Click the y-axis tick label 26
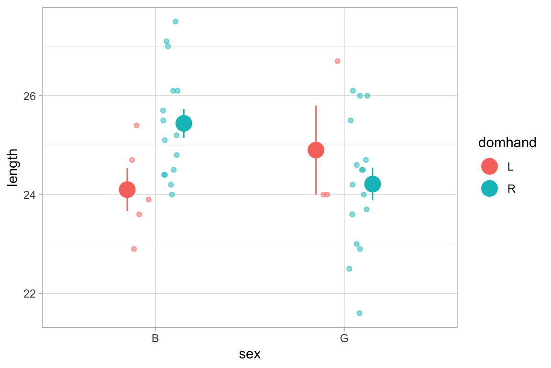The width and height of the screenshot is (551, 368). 30,96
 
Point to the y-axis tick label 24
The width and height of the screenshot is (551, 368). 30,195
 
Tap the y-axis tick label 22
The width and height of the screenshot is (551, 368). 30,293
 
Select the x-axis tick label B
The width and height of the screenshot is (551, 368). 155,339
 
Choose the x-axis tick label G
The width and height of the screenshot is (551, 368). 344,339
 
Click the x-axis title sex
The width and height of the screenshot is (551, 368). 250,355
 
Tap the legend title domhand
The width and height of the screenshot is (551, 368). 507,142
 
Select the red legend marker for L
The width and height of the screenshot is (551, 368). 489,166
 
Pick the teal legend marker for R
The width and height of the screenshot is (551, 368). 489,188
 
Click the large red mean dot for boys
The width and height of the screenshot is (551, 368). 127,190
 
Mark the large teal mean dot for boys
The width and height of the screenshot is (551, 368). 184,124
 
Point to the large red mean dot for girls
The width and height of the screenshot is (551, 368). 316,150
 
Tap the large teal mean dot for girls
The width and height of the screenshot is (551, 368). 373,184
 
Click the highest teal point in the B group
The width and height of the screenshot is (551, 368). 176,22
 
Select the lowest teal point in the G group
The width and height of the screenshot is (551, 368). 359,313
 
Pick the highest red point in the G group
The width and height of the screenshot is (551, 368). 337,61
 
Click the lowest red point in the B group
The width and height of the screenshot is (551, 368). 134,249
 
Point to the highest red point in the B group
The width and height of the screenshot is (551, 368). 136,125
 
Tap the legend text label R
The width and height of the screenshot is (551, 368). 511,189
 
